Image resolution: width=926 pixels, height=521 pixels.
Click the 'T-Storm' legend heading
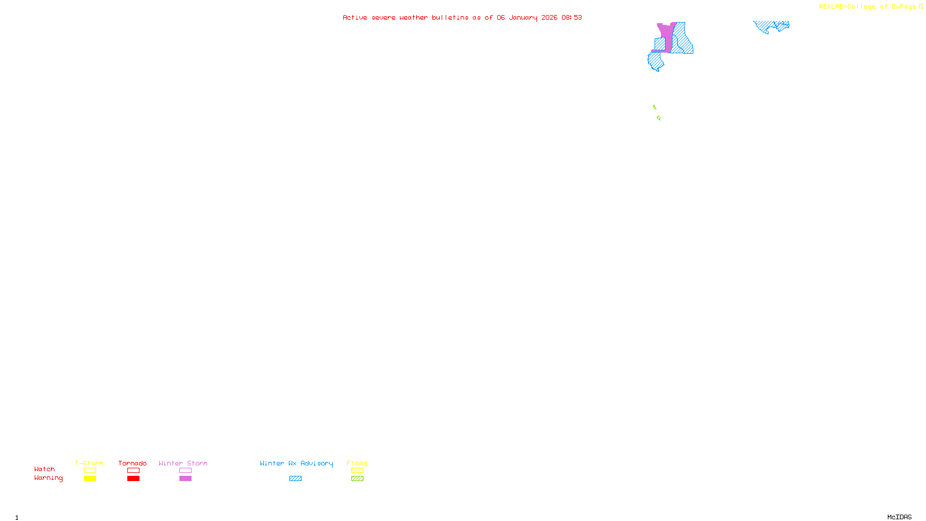89,463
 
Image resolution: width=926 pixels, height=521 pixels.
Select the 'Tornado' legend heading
133,463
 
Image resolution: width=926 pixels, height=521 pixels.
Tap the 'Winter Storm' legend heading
183,463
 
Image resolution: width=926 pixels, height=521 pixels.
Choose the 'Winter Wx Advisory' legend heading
296,463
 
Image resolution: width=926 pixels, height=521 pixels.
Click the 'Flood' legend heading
357,463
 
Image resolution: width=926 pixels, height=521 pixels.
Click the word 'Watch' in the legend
45,469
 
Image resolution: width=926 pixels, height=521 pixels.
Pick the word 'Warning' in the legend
49,478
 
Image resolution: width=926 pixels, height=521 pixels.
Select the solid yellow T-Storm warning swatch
90,479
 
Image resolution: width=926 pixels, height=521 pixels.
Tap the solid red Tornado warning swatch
134,479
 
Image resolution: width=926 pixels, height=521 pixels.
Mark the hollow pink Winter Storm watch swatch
185,471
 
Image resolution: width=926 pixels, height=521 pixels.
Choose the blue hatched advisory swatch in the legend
295,479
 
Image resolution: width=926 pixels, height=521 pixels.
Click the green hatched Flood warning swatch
357,479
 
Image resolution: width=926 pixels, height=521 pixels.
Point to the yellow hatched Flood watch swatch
357,471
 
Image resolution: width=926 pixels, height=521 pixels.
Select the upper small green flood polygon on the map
655,107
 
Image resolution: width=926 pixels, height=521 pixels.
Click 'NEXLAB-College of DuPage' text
867,7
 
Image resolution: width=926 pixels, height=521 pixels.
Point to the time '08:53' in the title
572,17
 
